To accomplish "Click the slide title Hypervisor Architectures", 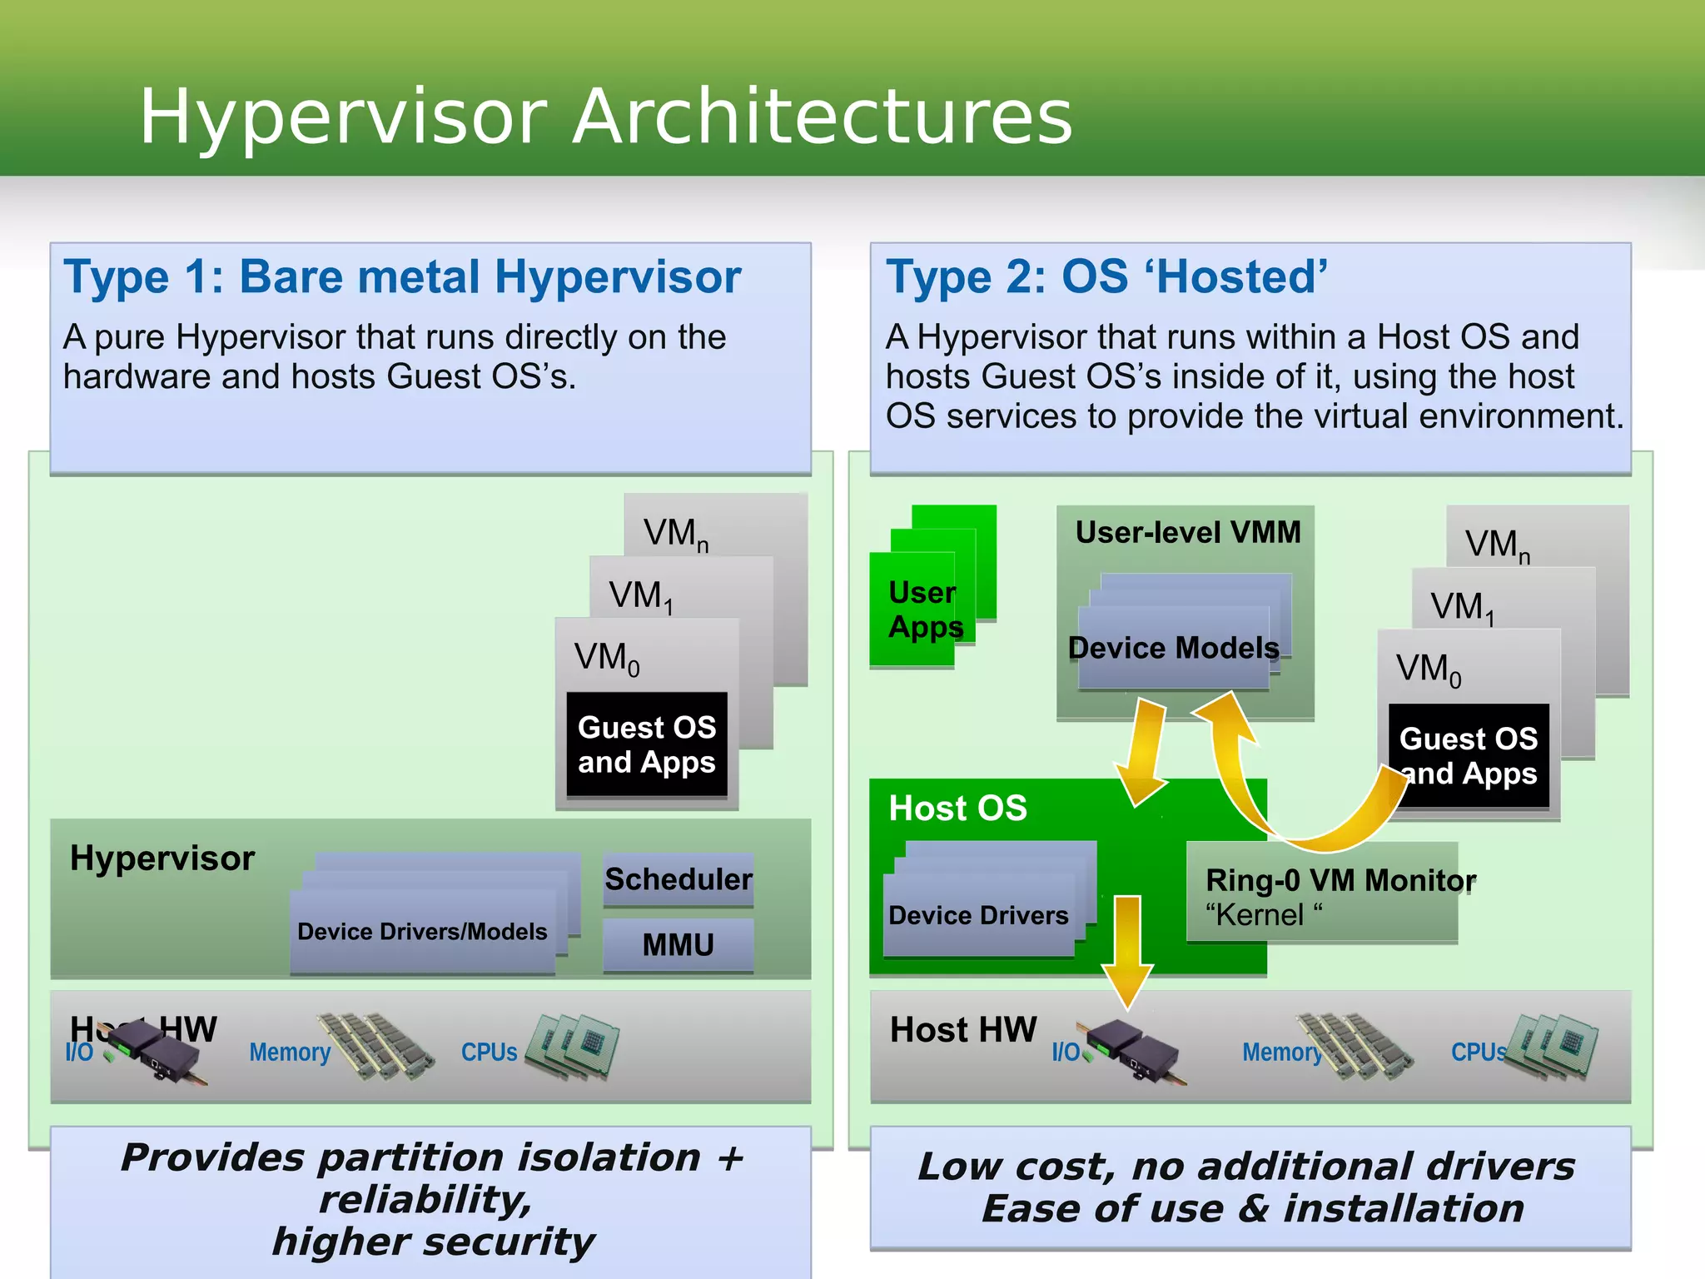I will pyautogui.click(x=605, y=117).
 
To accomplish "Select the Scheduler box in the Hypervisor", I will pyautogui.click(x=678, y=879).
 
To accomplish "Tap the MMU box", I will pyautogui.click(x=678, y=945).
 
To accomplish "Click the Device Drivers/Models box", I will pyautogui.click(x=422, y=931).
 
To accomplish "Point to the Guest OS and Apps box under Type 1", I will pyautogui.click(x=647, y=744).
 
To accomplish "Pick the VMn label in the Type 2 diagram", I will pyautogui.click(x=1497, y=545).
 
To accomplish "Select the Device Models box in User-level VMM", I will pyautogui.click(x=1173, y=648).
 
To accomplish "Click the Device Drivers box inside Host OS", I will pyautogui.click(x=978, y=915).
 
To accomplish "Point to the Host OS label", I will pyautogui.click(x=957, y=809).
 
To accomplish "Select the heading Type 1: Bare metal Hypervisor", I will pyautogui.click(x=402, y=276).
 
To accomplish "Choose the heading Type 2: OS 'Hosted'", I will pyautogui.click(x=1106, y=276).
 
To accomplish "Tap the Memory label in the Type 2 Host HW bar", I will pyautogui.click(x=1280, y=1053).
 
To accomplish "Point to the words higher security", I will pyautogui.click(x=433, y=1242).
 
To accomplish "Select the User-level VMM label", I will pyautogui.click(x=1187, y=532).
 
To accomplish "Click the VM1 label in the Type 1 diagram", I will pyautogui.click(x=639, y=596).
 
